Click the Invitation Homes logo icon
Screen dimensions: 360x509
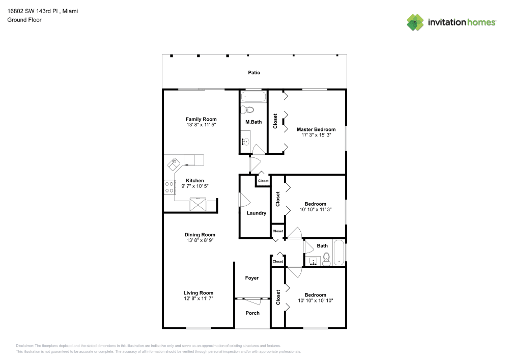415,22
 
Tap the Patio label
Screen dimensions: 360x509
254,73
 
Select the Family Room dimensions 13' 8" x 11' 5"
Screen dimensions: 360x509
201,125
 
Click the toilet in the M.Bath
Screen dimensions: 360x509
248,109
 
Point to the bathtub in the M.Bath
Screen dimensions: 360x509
253,97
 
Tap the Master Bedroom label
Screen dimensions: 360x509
316,129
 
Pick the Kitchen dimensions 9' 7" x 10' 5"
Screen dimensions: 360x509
195,186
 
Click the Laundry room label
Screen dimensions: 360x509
256,213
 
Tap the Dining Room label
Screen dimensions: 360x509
200,235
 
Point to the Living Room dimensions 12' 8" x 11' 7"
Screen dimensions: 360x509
199,299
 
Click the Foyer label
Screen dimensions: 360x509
252,278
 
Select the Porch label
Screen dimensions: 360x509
252,313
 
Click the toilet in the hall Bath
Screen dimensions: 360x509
327,260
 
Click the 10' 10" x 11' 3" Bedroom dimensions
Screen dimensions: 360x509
315,209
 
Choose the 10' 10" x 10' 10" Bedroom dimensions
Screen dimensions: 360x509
315,300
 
